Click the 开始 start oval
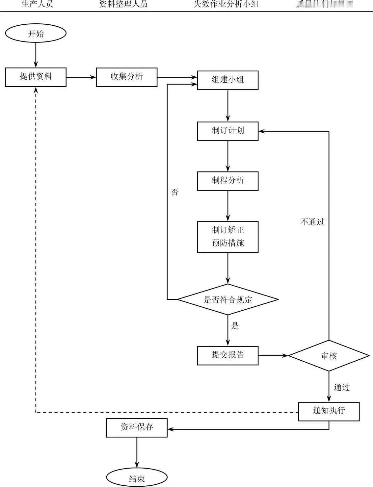[x=36, y=33]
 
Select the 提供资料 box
[x=36, y=77]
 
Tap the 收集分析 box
[x=126, y=77]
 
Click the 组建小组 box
[x=227, y=80]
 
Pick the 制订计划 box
[x=227, y=131]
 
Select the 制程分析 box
[x=227, y=181]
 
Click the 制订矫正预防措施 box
[x=227, y=237]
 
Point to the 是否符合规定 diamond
[x=227, y=299]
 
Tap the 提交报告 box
[x=227, y=355]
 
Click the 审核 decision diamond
[x=329, y=356]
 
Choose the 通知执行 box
[x=329, y=411]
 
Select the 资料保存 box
[x=137, y=427]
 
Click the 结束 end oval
[x=137, y=478]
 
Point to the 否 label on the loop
[x=175, y=192]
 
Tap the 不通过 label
[x=312, y=222]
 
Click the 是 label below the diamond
[x=235, y=326]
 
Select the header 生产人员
[x=37, y=4]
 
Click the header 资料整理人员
[x=123, y=4]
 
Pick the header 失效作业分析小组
[x=226, y=4]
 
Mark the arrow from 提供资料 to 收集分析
[x=81, y=77]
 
